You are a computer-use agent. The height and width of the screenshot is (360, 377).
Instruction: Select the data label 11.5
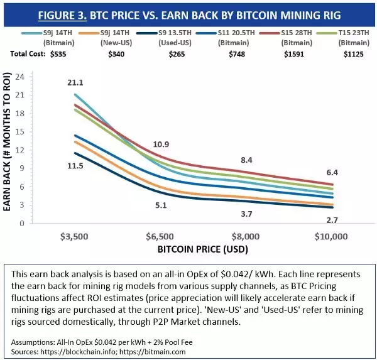coord(76,165)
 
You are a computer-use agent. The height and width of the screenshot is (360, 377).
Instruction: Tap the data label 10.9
coord(161,145)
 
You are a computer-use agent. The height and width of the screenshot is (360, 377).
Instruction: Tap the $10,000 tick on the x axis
coord(331,237)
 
